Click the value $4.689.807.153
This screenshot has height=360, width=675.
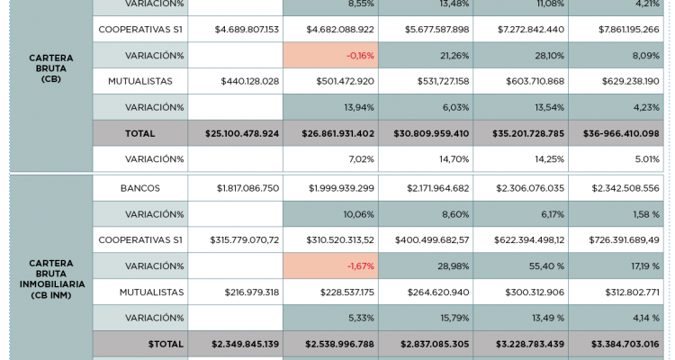click(x=247, y=30)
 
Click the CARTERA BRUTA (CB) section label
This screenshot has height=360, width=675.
click(x=50, y=68)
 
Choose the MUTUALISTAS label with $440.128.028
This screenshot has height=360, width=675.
click(x=140, y=82)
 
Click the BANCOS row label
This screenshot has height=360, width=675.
click(x=140, y=188)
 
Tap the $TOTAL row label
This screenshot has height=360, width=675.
click(x=165, y=344)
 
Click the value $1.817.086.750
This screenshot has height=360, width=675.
click(x=247, y=188)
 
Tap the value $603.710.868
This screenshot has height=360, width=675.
click(x=530, y=82)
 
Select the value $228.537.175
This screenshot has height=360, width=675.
click(x=340, y=292)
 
